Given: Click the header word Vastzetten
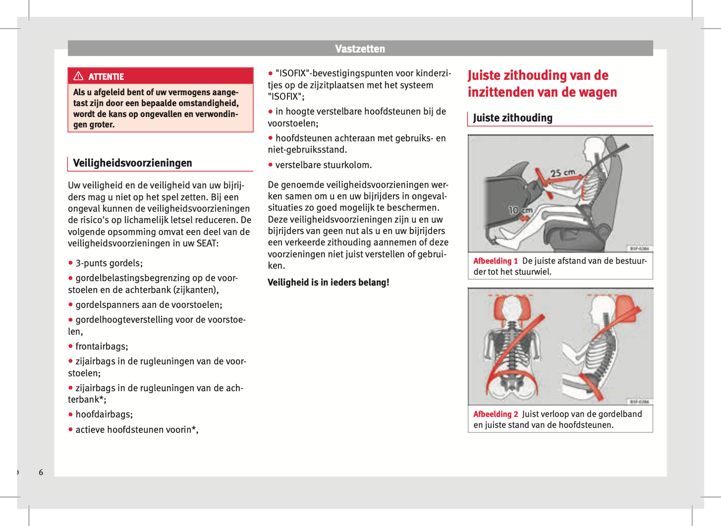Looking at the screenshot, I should click(x=360, y=49).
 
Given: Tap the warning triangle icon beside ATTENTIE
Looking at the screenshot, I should click(x=78, y=76).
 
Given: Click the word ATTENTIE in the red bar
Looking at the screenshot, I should click(x=106, y=77).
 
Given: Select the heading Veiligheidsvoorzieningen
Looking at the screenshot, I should click(x=132, y=163).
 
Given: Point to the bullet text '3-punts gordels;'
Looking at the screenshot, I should click(x=109, y=263).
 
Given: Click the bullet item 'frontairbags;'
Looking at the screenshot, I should click(x=101, y=346).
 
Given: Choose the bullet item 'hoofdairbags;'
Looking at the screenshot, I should click(x=104, y=414).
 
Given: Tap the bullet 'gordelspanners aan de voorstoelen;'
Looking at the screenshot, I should click(x=149, y=304).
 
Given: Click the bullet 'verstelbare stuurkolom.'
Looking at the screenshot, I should click(x=323, y=165).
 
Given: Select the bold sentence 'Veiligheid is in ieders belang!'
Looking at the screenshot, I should click(x=328, y=282).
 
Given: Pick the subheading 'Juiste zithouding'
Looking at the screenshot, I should click(x=512, y=118).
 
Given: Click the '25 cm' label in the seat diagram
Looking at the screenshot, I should click(x=562, y=173).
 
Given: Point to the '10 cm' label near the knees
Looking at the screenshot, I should click(x=520, y=210).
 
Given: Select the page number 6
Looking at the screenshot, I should click(x=41, y=472).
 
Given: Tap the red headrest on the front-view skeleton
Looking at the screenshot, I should click(x=509, y=309).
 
